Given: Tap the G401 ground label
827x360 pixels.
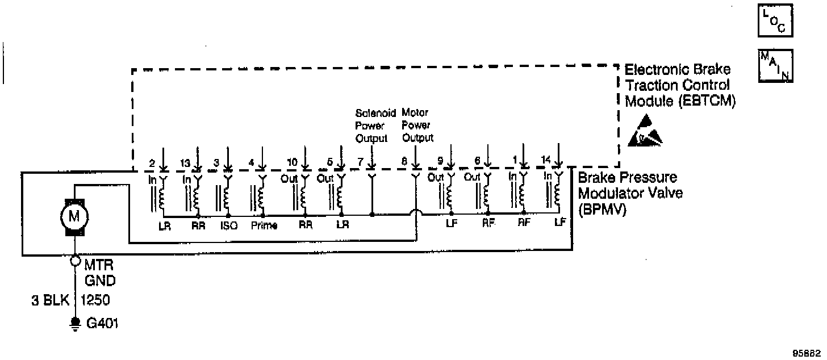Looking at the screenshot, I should pos(102,324).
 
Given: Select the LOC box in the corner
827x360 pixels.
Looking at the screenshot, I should pos(775,21).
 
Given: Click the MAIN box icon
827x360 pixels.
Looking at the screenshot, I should pos(775,66).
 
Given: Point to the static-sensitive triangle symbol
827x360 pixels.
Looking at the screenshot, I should pos(645,131).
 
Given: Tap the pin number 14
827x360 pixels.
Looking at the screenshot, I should pos(546,161).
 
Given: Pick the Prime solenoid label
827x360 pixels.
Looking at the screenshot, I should pos(264,225).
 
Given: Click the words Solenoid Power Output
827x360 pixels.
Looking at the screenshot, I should pos(372,125).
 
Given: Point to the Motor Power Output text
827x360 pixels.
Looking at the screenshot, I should pos(417,125).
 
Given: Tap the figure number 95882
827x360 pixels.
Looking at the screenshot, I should pos(807,351).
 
